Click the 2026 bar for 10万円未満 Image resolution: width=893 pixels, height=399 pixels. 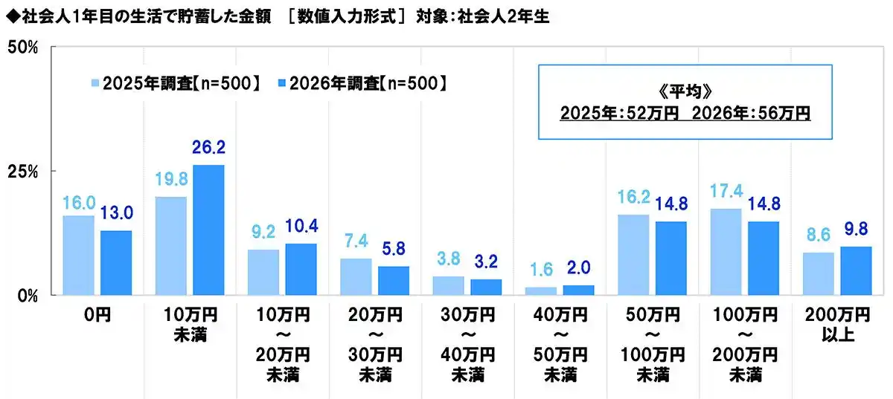[208, 230]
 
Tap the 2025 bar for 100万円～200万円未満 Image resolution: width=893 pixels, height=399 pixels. [726, 251]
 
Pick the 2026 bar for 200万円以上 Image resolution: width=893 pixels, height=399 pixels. [856, 270]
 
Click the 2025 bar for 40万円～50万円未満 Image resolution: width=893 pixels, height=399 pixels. [541, 291]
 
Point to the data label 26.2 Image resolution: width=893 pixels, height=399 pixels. [208, 149]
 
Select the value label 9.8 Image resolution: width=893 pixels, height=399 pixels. [856, 231]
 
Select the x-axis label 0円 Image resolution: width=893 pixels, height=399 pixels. [97, 316]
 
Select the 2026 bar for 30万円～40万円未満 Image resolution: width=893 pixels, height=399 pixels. [486, 287]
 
